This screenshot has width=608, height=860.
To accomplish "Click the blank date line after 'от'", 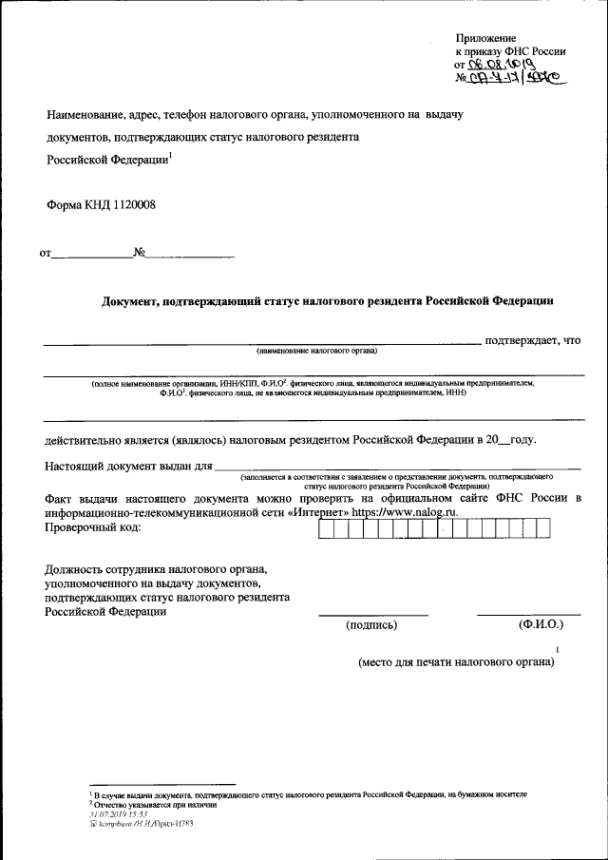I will pyautogui.click(x=92, y=254).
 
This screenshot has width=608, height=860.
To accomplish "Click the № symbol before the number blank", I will pyautogui.click(x=139, y=254).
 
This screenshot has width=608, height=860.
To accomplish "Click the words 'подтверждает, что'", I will pyautogui.click(x=532, y=340).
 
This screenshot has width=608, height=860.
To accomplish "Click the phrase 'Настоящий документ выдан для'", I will pyautogui.click(x=127, y=466).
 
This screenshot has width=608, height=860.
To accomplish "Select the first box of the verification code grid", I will pyautogui.click(x=325, y=529).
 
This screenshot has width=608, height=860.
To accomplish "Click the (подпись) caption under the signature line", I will pyautogui.click(x=372, y=625).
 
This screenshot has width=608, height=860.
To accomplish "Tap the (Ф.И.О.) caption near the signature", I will pyautogui.click(x=541, y=625).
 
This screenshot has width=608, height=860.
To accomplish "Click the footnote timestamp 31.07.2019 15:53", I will pyautogui.click(x=118, y=814).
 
